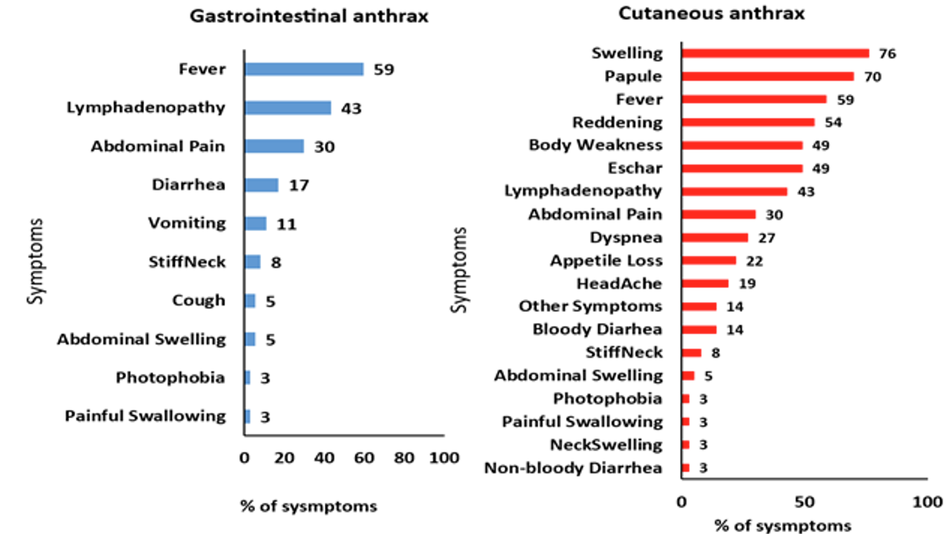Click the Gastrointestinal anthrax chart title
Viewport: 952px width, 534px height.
[309, 16]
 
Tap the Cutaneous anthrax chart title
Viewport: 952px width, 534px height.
[711, 13]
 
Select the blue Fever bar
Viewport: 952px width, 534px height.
[304, 70]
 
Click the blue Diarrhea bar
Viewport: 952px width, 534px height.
[262, 185]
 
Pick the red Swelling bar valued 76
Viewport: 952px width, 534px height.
[775, 53]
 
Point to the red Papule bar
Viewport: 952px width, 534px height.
[767, 77]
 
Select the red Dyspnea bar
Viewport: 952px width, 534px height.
[715, 238]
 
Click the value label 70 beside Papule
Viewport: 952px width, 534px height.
[872, 77]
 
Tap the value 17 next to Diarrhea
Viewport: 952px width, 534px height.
[299, 185]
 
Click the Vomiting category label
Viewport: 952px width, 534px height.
[187, 223]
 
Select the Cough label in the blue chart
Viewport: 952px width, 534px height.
[198, 301]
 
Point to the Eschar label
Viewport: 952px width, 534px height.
[635, 168]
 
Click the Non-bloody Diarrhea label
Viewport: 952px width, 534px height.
[573, 468]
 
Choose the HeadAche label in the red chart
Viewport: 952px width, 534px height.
[619, 284]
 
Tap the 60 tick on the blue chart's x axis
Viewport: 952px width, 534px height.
[364, 458]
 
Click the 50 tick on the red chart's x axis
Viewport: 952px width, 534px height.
[804, 502]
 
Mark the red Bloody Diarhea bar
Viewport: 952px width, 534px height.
[699, 330]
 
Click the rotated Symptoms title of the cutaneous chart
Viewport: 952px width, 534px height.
[460, 269]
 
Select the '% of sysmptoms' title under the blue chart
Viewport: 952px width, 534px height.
[308, 506]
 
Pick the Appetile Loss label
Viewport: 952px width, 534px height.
[606, 261]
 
